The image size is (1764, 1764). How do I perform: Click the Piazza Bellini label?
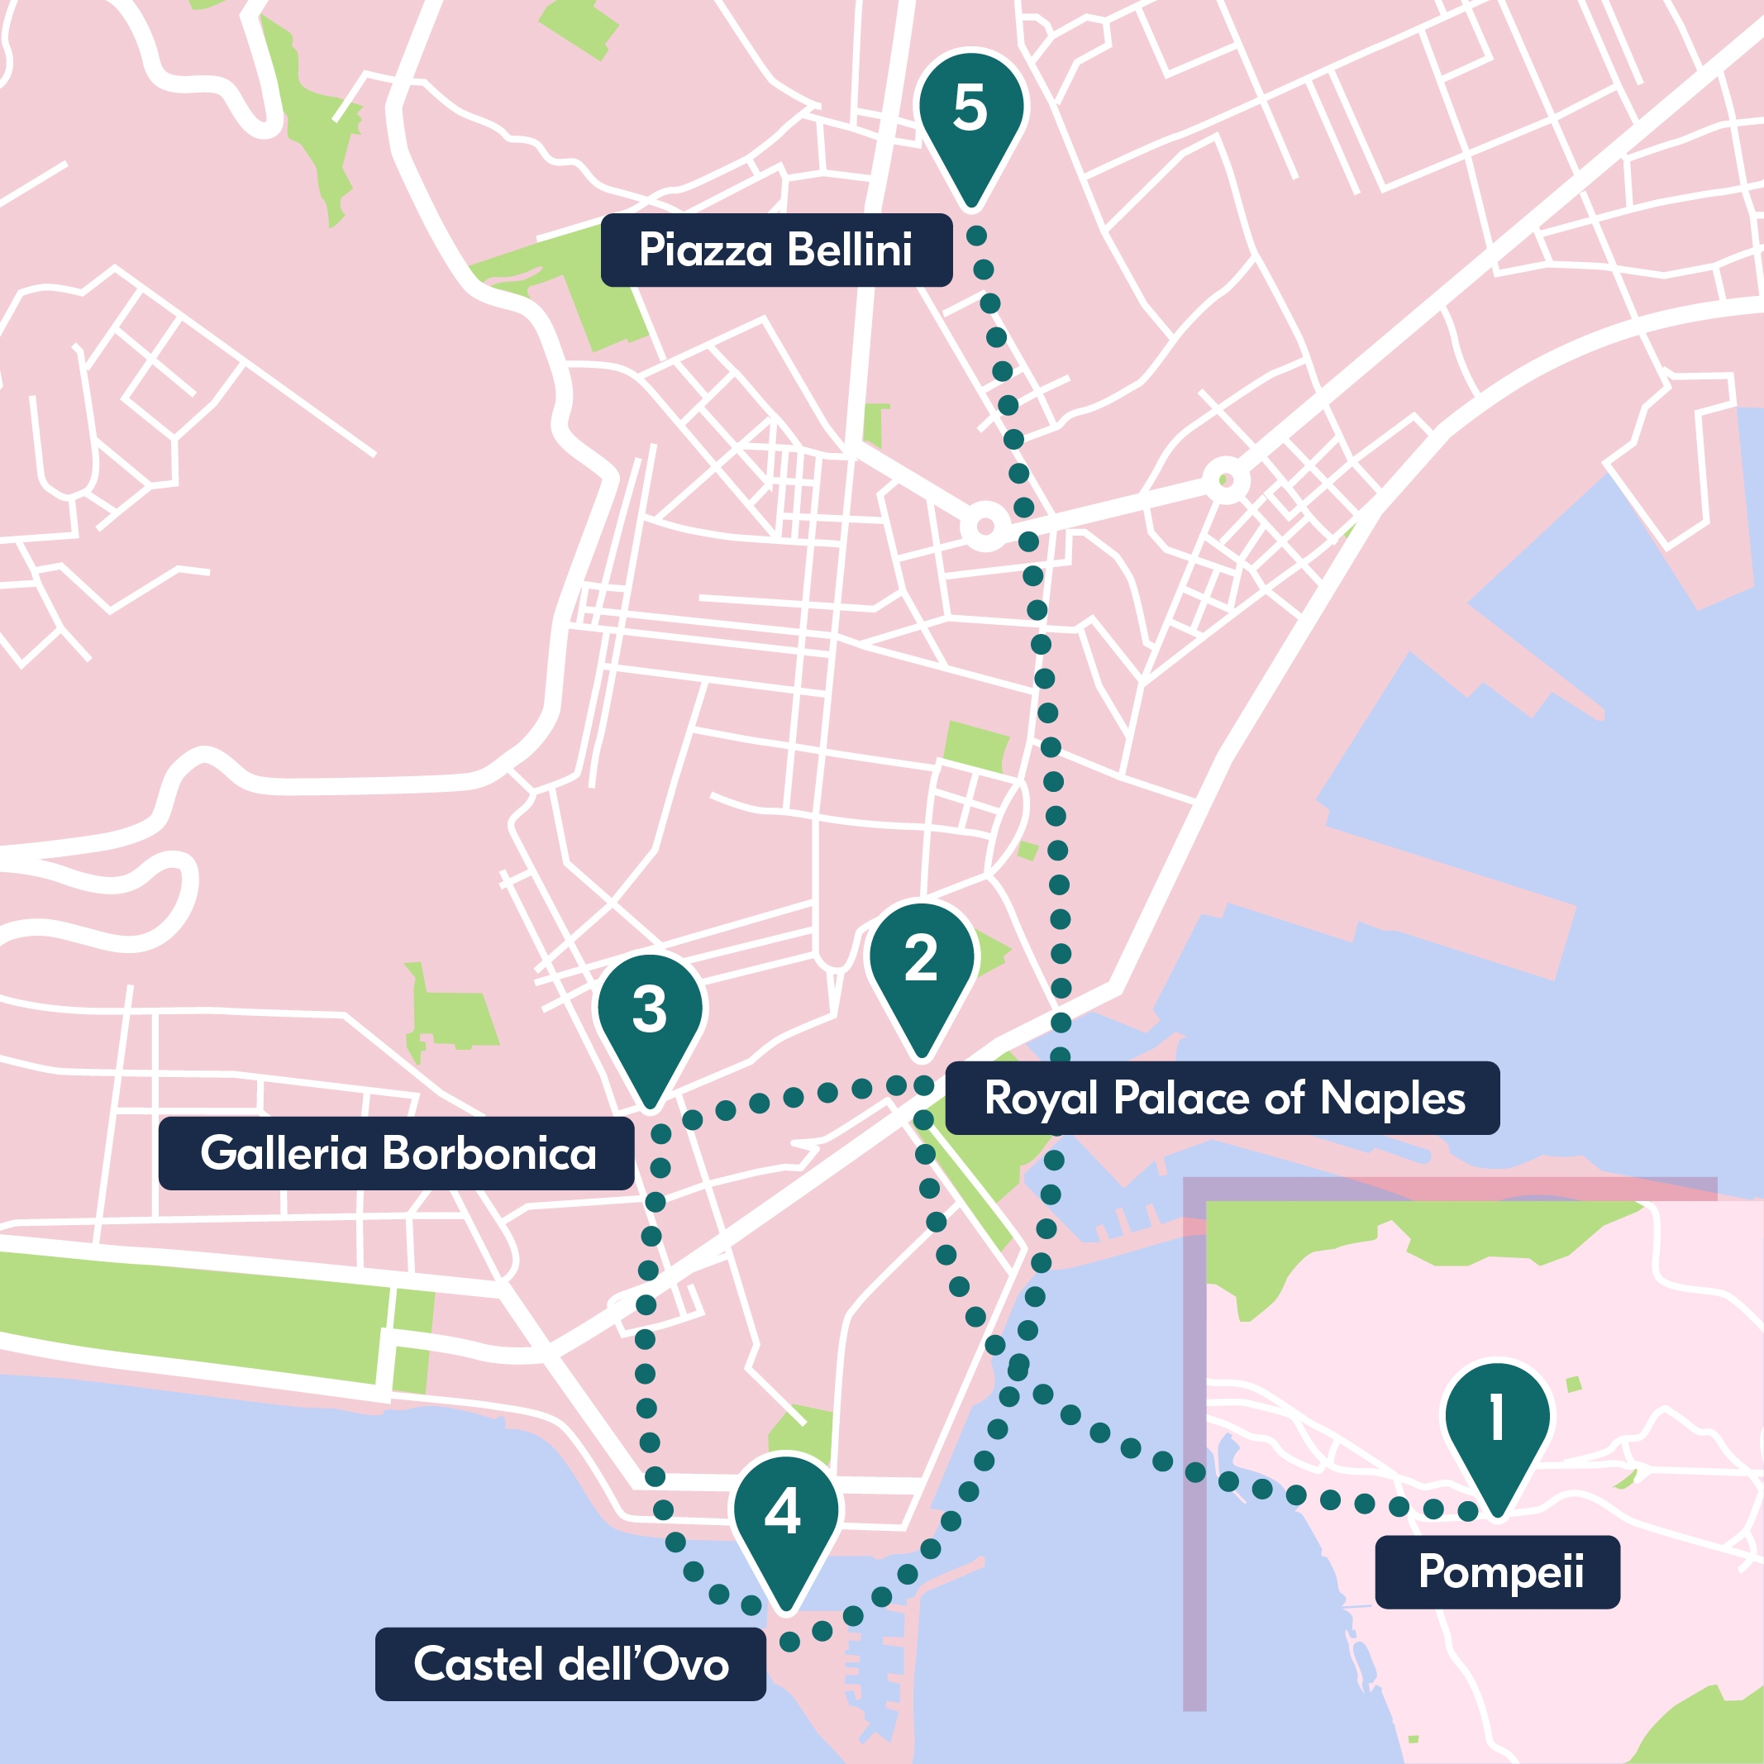[776, 250]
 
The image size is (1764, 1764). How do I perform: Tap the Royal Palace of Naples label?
[1223, 1099]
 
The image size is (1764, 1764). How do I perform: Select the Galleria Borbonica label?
[396, 1153]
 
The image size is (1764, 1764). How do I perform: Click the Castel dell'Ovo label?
[570, 1663]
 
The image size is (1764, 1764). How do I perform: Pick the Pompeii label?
[1497, 1571]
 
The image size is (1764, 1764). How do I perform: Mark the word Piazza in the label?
[705, 250]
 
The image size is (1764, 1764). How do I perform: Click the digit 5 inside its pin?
[970, 107]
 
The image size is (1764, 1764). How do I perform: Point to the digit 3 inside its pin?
[650, 1009]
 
